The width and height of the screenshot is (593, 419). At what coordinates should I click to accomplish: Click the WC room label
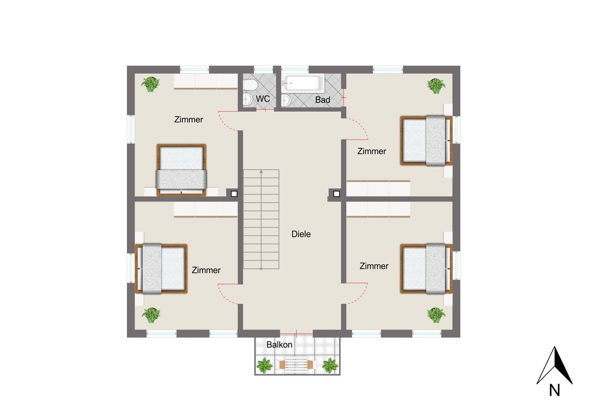coord(263,99)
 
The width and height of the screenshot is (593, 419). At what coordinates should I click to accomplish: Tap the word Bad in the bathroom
coord(322,100)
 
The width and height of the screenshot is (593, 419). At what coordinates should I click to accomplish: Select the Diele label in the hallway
coord(301,234)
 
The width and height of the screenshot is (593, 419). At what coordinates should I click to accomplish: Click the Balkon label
coord(279,345)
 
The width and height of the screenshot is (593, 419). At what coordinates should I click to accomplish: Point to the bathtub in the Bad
coord(303,83)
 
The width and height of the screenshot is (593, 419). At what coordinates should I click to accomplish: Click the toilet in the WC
coord(250,85)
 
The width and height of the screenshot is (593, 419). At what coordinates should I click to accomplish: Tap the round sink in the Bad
coord(286,100)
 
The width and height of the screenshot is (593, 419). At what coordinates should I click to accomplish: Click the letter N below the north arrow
coord(554,390)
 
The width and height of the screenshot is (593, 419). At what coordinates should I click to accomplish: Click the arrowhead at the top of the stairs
coord(261,172)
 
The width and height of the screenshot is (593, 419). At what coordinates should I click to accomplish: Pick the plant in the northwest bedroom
coord(150,84)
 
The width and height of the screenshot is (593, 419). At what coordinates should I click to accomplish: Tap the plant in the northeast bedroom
coord(436,86)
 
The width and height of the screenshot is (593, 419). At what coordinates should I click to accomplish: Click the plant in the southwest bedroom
coord(151,315)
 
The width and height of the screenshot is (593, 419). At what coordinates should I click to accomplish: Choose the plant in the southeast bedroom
coord(436,315)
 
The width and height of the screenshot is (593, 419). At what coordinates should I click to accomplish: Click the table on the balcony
coord(296,365)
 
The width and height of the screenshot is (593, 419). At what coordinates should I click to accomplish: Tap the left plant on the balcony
coord(264,365)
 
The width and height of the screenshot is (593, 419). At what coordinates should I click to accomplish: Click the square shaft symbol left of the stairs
coord(234,194)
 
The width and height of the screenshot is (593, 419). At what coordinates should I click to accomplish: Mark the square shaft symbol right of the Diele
coord(336,194)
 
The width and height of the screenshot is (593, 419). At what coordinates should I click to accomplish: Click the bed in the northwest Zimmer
coord(181,170)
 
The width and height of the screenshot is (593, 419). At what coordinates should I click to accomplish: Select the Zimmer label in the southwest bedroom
coord(206,270)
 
